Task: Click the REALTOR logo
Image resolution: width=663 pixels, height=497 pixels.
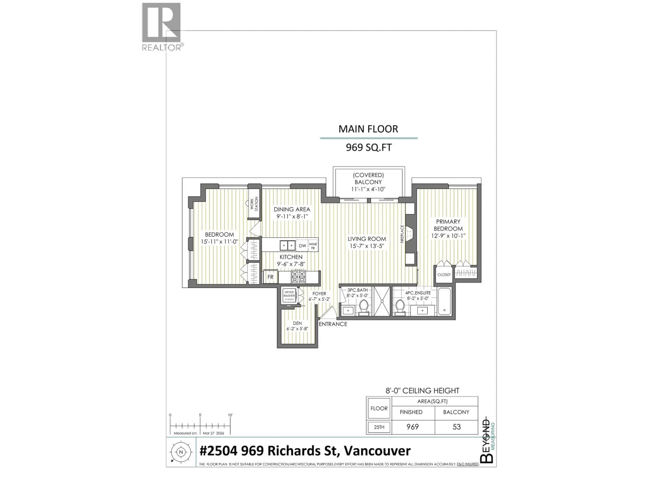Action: click(161, 26)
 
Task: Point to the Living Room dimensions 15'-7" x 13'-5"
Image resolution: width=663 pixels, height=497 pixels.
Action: click(367, 246)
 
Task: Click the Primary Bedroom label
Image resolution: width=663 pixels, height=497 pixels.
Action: click(448, 225)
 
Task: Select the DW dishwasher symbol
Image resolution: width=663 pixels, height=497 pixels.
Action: click(302, 246)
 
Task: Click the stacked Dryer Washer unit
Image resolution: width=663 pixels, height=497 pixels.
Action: click(289, 296)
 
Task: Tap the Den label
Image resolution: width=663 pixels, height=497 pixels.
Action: click(297, 323)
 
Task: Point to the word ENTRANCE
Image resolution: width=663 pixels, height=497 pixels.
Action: click(333, 324)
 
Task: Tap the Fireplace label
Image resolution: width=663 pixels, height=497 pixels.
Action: click(402, 234)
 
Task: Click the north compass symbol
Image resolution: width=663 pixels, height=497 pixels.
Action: click(181, 452)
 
